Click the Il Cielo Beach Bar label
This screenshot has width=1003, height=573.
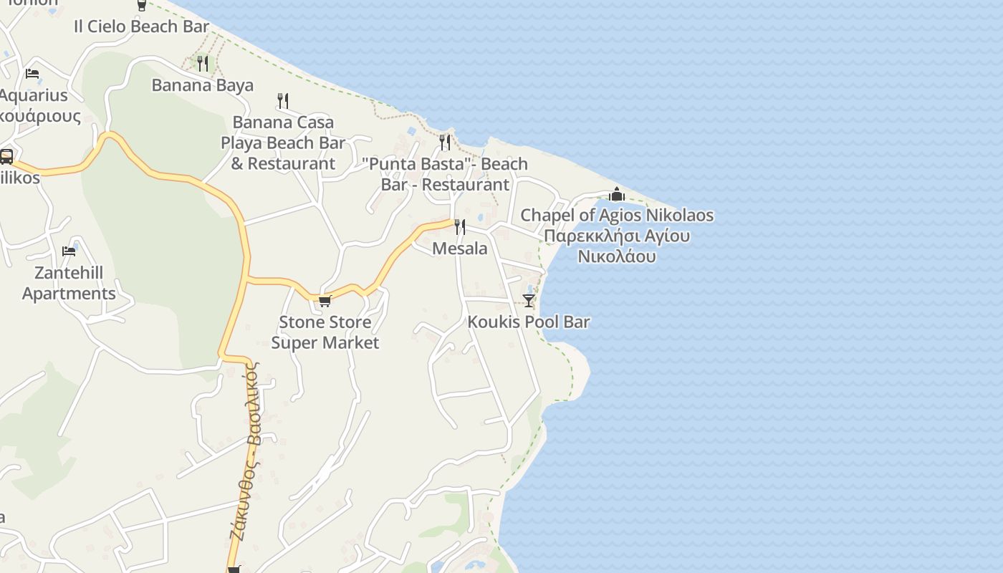[x=141, y=27]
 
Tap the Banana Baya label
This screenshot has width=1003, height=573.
[x=202, y=85]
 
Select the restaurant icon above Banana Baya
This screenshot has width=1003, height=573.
[x=203, y=64]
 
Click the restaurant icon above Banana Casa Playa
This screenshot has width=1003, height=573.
[x=283, y=101]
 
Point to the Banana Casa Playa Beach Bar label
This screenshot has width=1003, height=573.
[x=283, y=143]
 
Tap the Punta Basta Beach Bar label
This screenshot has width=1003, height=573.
[x=445, y=174]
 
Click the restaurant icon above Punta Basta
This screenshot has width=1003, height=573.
[x=445, y=142]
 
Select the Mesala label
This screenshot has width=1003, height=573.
[x=460, y=249]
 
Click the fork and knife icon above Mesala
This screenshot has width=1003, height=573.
[x=460, y=227]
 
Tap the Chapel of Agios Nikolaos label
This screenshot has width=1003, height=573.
[x=617, y=236]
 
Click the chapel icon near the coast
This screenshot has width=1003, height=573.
[x=617, y=194]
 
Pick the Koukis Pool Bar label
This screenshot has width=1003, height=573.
[x=529, y=322]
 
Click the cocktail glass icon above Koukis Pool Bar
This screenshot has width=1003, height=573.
[x=529, y=300]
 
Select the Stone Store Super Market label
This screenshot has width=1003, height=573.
[x=325, y=332]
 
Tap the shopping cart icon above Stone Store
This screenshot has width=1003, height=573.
[x=325, y=301]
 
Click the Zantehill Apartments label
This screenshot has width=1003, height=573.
[x=69, y=283]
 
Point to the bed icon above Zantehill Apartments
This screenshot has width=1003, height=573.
[x=69, y=251]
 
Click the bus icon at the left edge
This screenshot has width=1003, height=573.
[x=6, y=156]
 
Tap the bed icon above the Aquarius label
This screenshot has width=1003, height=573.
[x=32, y=73]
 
